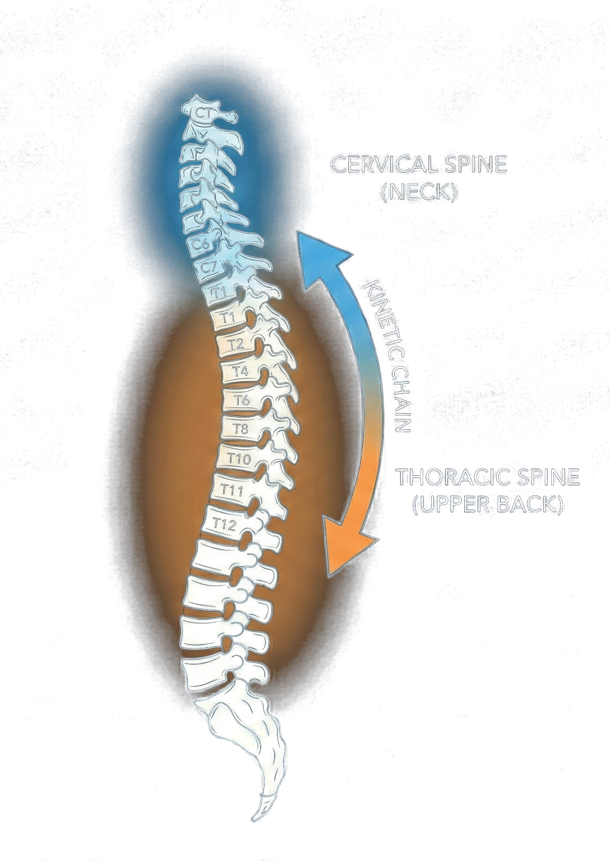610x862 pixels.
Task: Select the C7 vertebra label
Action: pyautogui.click(x=209, y=267)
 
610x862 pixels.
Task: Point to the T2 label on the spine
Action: pyautogui.click(x=236, y=344)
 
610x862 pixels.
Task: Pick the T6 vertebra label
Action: pyautogui.click(x=242, y=400)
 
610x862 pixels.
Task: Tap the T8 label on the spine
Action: pyautogui.click(x=241, y=429)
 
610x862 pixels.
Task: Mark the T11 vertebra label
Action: pyautogui.click(x=231, y=490)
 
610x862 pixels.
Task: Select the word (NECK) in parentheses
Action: pyautogui.click(x=419, y=193)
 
